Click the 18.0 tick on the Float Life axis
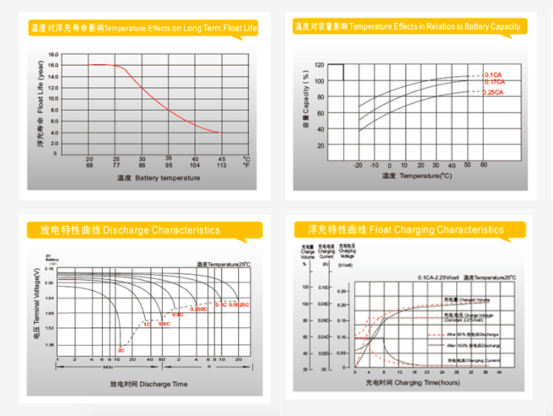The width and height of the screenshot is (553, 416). (x=52, y=55)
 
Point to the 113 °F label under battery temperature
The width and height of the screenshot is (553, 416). (x=221, y=166)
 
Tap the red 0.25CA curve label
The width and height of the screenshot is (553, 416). (x=493, y=93)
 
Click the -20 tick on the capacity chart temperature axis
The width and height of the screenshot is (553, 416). (x=359, y=165)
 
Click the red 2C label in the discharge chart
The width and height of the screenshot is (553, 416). (x=121, y=349)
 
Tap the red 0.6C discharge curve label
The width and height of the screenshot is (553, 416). (x=164, y=324)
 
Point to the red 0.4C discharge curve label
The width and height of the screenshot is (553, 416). (x=177, y=315)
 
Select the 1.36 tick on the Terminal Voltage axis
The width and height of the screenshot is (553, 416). (x=50, y=345)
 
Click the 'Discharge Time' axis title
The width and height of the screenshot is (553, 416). (x=149, y=384)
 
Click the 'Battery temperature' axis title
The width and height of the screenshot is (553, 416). (x=157, y=178)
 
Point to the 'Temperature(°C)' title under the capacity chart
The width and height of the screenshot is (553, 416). (x=416, y=176)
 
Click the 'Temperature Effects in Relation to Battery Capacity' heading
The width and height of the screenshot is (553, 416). (x=407, y=27)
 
